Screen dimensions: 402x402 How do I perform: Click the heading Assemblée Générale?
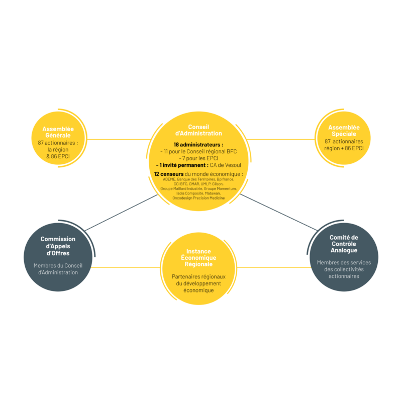(x=58, y=132)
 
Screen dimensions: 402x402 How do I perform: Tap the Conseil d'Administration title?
(x=198, y=130)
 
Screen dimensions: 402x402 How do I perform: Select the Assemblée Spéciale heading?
(x=344, y=131)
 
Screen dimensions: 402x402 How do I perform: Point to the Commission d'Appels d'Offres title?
(x=58, y=246)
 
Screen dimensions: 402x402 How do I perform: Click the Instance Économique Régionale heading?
(x=198, y=258)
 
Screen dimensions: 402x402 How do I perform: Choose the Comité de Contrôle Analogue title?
(x=344, y=244)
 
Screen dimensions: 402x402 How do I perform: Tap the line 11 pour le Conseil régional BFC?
(x=198, y=152)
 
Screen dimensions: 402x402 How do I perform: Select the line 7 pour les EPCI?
(x=198, y=158)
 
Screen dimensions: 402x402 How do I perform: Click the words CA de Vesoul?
(x=225, y=165)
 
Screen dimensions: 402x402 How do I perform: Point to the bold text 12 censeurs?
(x=169, y=174)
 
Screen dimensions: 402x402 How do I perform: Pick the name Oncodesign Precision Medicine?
(x=198, y=198)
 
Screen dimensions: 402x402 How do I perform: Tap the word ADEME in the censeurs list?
(x=169, y=179)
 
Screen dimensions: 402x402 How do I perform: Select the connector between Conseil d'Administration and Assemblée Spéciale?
(x=281, y=140)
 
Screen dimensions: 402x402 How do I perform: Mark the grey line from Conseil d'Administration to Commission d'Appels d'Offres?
(x=121, y=213)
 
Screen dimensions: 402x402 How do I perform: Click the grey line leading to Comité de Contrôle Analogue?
(x=279, y=212)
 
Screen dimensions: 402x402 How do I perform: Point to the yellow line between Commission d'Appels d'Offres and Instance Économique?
(x=126, y=267)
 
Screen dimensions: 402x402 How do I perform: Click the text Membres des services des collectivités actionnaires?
(x=344, y=269)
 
